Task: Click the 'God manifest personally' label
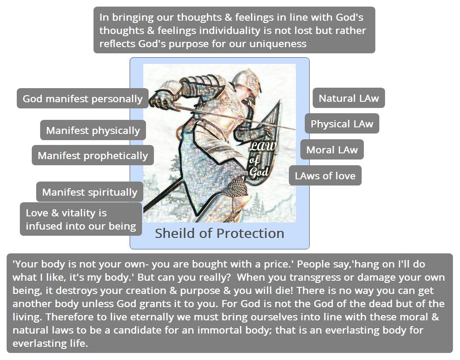[x=82, y=99]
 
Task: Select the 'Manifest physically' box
[x=93, y=130]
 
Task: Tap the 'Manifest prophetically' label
[x=93, y=156]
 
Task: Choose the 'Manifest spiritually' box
[x=90, y=192]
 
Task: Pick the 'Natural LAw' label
[x=349, y=98]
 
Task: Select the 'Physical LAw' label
[x=342, y=124]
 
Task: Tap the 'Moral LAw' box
[x=332, y=149]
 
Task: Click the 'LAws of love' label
[x=325, y=176]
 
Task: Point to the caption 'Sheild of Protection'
[x=220, y=234]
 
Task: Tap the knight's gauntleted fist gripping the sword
[x=161, y=98]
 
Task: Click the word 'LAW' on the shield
[x=262, y=146]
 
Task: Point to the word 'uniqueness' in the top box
[x=278, y=44]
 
